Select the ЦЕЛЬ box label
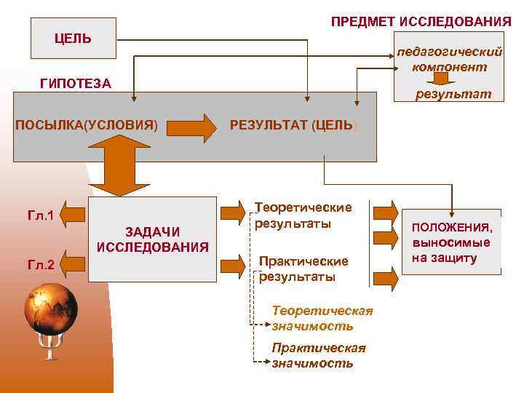(74, 38)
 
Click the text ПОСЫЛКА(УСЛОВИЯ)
(87, 124)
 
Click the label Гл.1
(41, 215)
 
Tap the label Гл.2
(41, 266)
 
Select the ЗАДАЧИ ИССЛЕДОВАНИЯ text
(152, 239)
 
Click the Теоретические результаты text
(302, 215)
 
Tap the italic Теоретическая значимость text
(322, 319)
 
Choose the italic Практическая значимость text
(318, 355)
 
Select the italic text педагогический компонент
(449, 60)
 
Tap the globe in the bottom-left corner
(50, 310)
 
